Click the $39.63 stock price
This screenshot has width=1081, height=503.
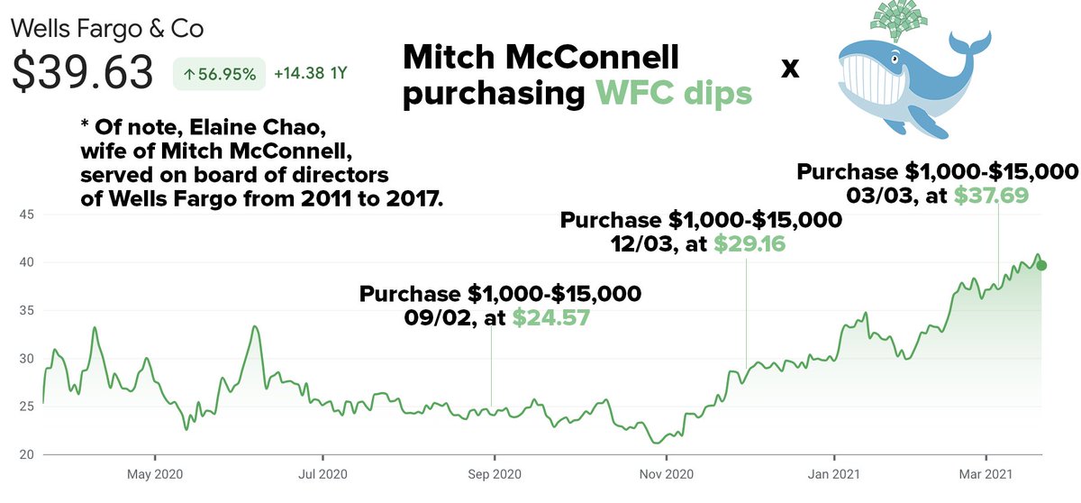coord(82,72)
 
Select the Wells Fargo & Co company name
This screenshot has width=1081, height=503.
coord(107,28)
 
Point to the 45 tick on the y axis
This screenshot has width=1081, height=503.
coord(27,215)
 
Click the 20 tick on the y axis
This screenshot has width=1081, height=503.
coord(27,455)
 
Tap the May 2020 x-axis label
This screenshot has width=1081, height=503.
coord(155,473)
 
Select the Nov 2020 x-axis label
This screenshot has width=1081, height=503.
coord(665,473)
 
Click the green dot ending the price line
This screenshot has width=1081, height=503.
coord(1041,265)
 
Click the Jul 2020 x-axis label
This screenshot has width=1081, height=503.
coord(322,473)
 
